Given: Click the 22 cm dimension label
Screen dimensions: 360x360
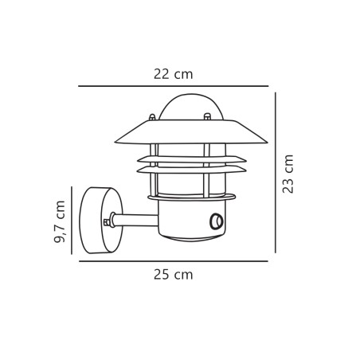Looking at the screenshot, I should [x=173, y=74].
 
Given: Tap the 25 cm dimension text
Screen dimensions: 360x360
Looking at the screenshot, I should [x=173, y=275].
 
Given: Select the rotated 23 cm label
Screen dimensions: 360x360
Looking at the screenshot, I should [x=288, y=174].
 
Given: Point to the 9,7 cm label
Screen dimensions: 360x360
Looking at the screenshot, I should [x=60, y=221].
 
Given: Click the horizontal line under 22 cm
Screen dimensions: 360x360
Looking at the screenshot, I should [x=173, y=86].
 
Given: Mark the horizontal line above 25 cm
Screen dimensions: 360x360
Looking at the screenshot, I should [x=173, y=261].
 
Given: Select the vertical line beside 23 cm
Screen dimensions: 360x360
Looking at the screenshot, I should [x=276, y=173].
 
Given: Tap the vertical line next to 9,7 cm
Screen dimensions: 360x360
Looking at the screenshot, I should [x=72, y=221].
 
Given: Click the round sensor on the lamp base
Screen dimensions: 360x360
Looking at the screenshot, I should [x=216, y=221].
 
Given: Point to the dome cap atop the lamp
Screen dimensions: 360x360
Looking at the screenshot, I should [x=190, y=106].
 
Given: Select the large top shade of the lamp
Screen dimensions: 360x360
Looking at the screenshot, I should [x=191, y=133].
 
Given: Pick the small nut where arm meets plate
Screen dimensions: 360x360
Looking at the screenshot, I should [x=107, y=222].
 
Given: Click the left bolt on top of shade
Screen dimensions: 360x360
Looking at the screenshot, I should [x=152, y=118].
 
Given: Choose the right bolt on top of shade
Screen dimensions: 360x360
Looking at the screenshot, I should [x=207, y=117].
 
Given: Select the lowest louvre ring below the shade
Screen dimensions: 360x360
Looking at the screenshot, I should [x=191, y=170].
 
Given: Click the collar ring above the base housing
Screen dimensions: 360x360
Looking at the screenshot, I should [x=191, y=197].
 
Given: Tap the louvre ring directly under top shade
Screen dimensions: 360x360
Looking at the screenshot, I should [x=191, y=159].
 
